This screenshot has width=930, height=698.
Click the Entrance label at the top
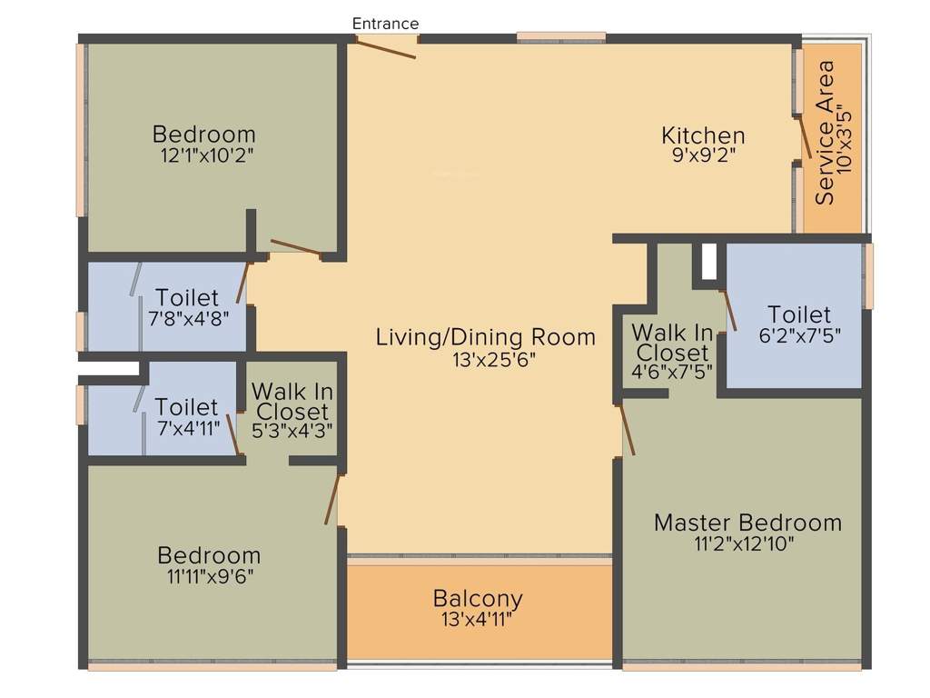tap(385, 24)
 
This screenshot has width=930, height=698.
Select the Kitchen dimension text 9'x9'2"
tap(703, 155)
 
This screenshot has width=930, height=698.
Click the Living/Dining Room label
tap(486, 337)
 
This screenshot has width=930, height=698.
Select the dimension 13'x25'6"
tap(486, 359)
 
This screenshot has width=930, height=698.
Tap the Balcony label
tap(478, 599)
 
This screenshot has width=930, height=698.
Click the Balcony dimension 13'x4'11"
tap(478, 620)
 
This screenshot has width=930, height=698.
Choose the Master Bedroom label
tap(747, 523)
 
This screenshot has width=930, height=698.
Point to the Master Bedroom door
tap(627, 429)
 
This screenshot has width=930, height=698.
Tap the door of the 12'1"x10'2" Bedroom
tap(295, 246)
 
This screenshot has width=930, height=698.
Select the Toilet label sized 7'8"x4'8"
tap(187, 298)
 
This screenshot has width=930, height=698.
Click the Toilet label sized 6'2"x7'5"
tap(798, 314)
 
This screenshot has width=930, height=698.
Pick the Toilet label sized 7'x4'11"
tap(186, 406)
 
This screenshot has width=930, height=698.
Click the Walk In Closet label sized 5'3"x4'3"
tap(292, 402)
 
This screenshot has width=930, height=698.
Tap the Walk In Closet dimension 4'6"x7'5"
tap(672, 371)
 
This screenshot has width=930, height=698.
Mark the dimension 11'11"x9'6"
tap(209, 576)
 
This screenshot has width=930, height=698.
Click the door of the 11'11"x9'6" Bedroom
tap(332, 499)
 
